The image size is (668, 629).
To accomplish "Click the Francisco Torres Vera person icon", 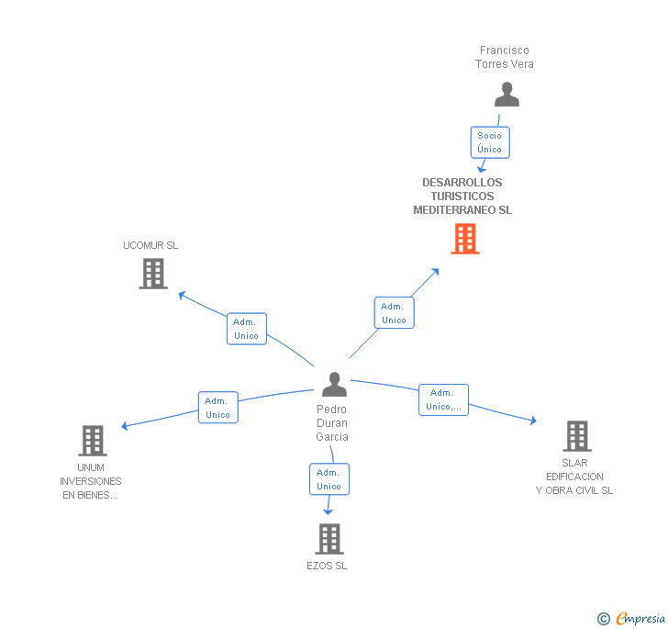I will (x=507, y=95).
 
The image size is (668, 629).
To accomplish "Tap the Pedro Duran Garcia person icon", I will (x=334, y=384).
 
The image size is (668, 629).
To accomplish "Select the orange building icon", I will (x=465, y=239).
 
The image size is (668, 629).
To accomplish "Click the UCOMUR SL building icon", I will (x=153, y=273).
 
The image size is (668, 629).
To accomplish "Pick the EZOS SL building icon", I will (x=328, y=539).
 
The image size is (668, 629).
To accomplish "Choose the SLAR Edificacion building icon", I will (x=576, y=436).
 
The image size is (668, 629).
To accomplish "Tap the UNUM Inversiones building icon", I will (x=92, y=441).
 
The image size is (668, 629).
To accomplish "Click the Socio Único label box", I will (x=489, y=142).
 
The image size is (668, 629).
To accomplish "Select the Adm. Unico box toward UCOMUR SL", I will (x=246, y=329).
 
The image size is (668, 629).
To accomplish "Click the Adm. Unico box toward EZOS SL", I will (x=328, y=479).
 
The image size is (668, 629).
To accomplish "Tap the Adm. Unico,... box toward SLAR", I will (x=444, y=399).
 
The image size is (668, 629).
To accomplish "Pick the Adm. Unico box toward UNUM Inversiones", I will (x=218, y=408).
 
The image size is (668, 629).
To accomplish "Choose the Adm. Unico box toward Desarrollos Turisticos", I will (x=394, y=313).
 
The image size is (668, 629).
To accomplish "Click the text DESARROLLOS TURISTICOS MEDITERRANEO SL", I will (x=462, y=197).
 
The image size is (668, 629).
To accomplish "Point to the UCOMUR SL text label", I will (x=150, y=245).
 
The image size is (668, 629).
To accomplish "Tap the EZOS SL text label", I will (x=327, y=566).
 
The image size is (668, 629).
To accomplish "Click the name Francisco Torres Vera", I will (x=504, y=57).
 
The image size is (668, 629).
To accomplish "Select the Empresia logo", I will (x=640, y=618).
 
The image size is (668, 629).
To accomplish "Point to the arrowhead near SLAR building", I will (x=531, y=421).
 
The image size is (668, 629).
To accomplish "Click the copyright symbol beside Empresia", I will (x=603, y=619).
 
